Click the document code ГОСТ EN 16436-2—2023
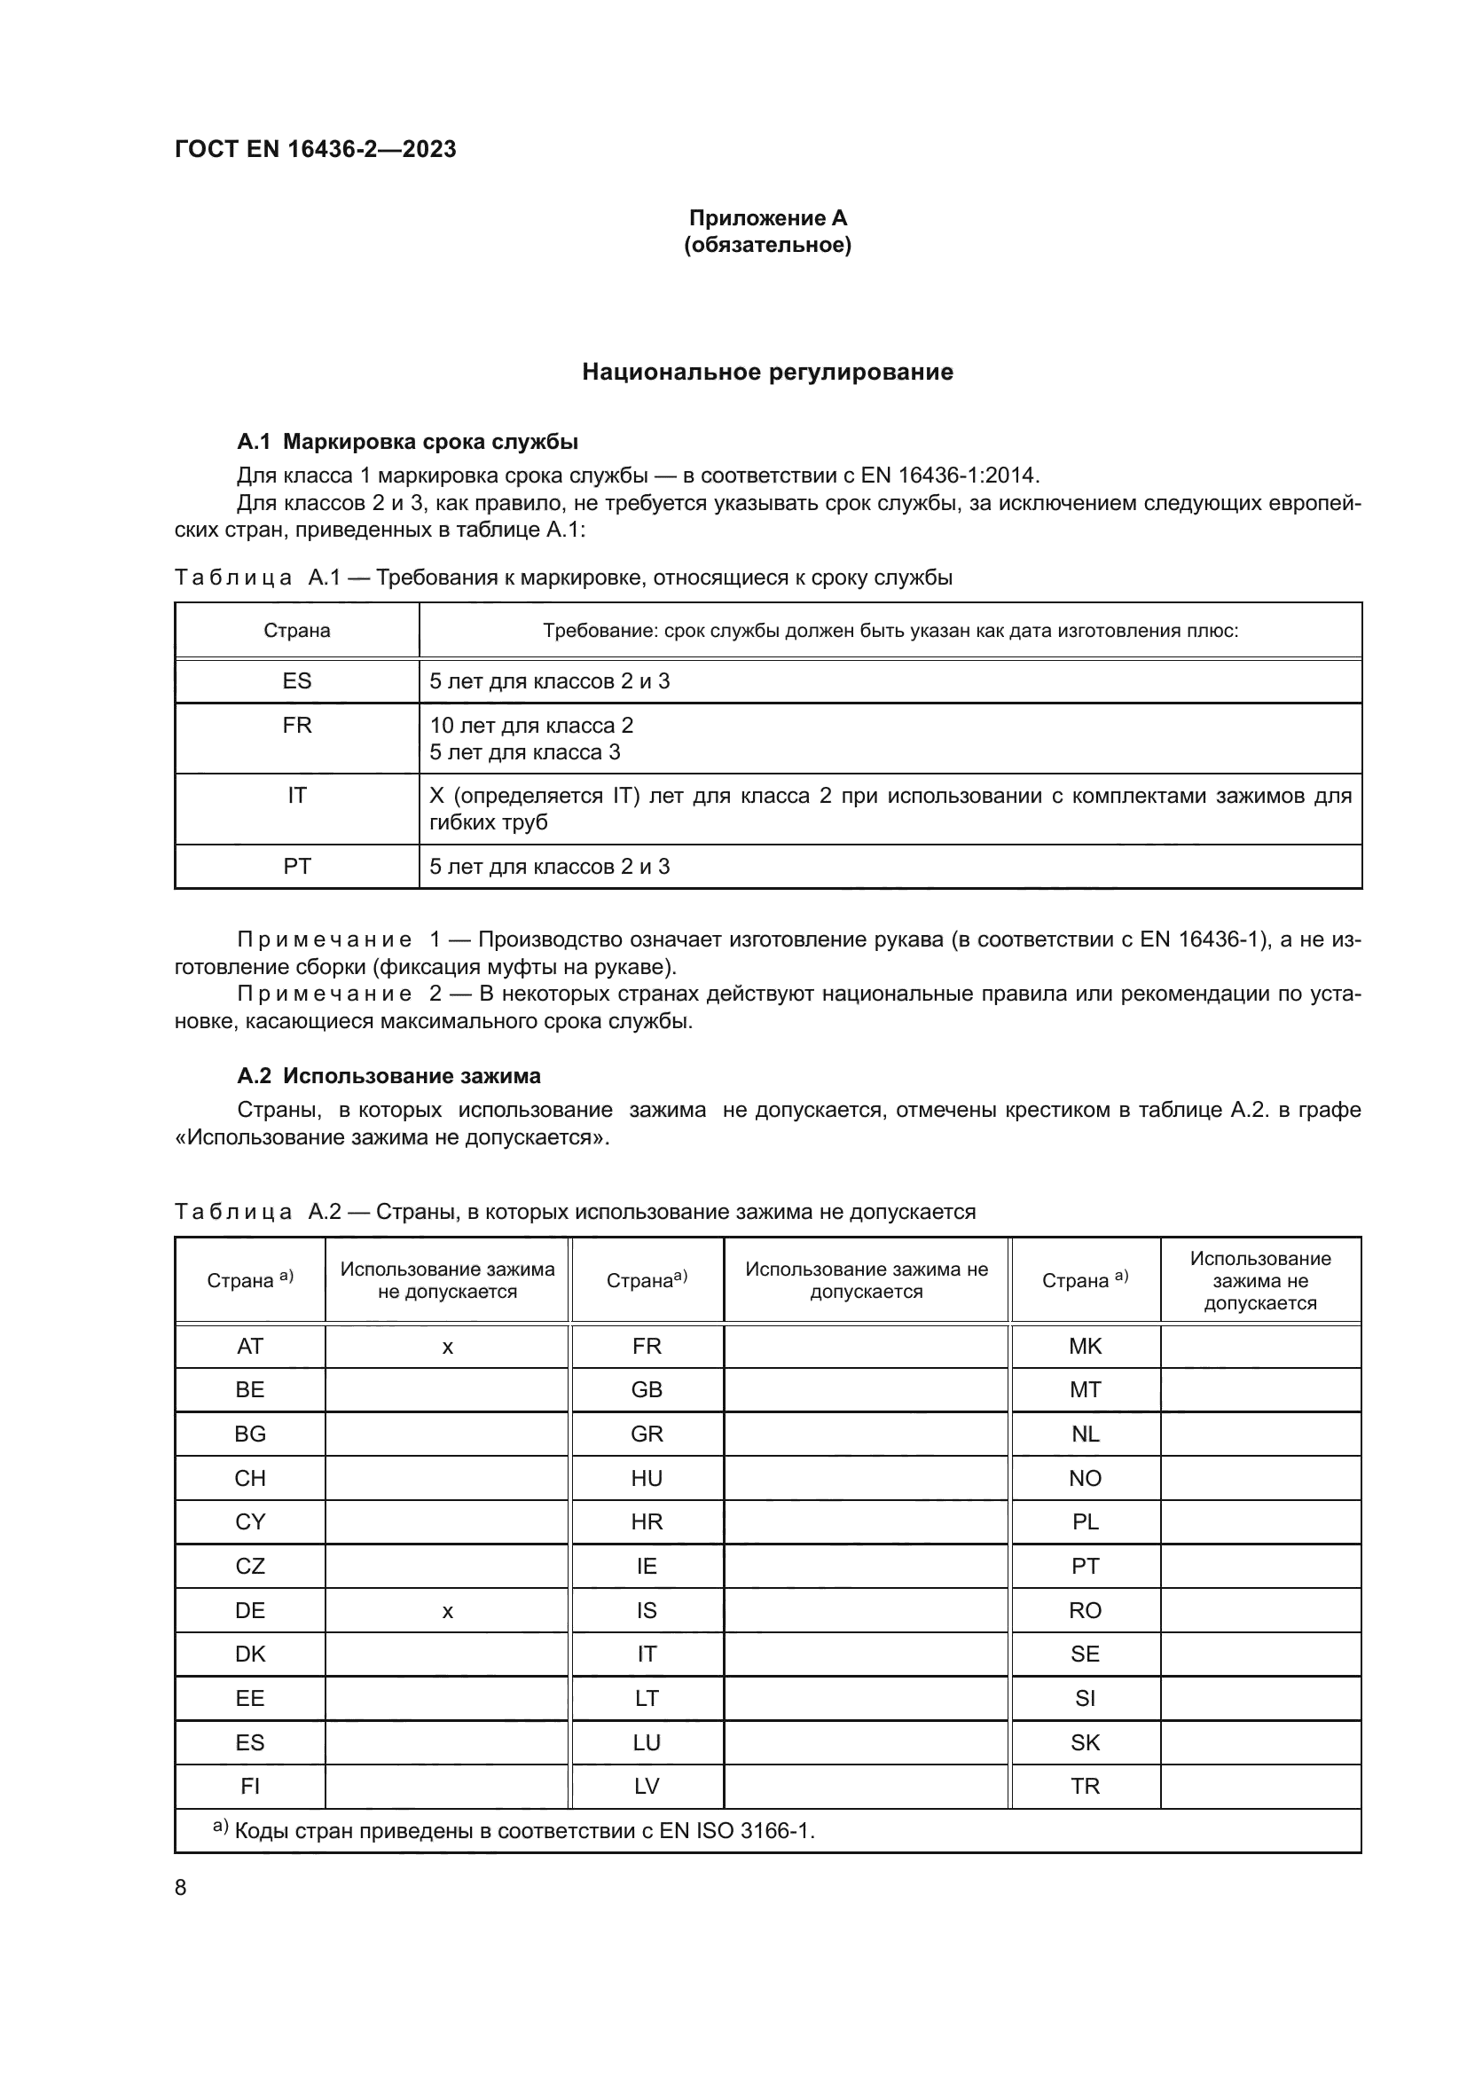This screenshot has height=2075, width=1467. coord(315,149)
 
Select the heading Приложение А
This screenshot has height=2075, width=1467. coord(768,218)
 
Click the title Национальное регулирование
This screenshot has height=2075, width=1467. coord(767,372)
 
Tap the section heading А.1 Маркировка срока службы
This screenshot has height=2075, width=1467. coord(407,442)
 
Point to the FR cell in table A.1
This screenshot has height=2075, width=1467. coord(296,726)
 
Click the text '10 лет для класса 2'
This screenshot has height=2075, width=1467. coord(531,726)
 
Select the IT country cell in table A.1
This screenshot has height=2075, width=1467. coord(296,795)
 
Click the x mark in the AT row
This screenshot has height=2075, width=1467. coord(447,1348)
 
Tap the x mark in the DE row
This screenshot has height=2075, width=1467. coord(447,1611)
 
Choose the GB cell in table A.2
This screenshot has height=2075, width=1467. coord(647,1390)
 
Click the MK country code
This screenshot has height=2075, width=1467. coord(1085,1347)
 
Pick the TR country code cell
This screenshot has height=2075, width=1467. coord(1085,1786)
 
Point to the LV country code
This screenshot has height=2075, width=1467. coord(647,1786)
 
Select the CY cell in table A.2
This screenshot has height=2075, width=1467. coord(250,1522)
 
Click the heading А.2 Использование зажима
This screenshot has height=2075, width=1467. coord(388,1075)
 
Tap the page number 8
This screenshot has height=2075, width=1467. coord(181,1887)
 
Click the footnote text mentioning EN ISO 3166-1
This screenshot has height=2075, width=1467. coord(524,1831)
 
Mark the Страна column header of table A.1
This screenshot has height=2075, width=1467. coord(296,631)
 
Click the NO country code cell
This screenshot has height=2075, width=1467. coord(1085,1479)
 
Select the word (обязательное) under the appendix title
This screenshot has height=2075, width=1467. coord(768,245)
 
